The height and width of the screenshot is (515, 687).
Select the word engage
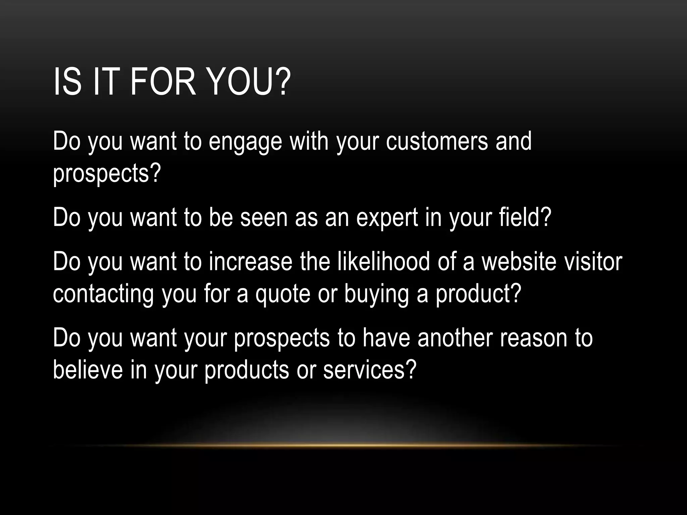(x=245, y=142)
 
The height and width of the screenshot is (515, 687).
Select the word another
(x=455, y=338)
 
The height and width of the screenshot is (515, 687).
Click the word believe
(x=88, y=369)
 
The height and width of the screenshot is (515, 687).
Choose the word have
(x=386, y=338)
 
